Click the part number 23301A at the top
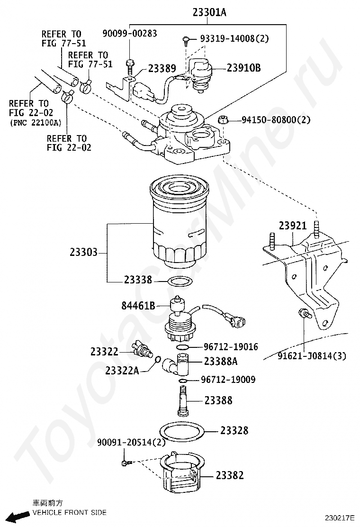pos(209,12)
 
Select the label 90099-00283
pos(130,33)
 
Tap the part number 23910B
pos(244,68)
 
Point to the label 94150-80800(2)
pos(276,119)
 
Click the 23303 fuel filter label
pos(84,252)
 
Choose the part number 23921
pos(293,226)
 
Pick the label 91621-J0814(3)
pos(312,355)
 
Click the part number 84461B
pos(138,306)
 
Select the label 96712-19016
pos(231,346)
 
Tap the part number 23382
pos(230,475)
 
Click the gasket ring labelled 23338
pos(180,282)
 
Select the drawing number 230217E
pos(340,518)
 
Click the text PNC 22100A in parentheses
pos(36,123)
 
